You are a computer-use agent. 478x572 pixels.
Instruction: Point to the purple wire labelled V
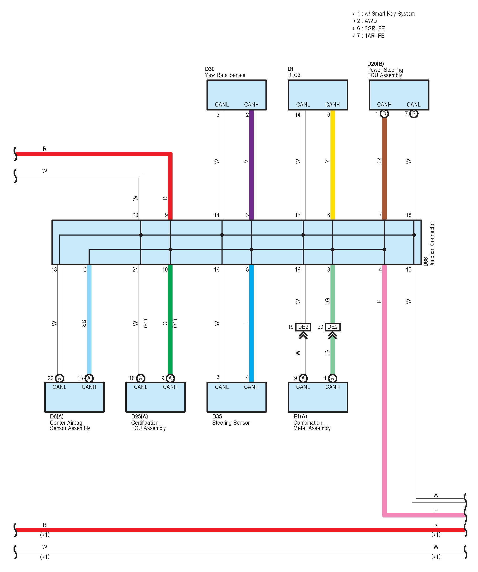point(252,163)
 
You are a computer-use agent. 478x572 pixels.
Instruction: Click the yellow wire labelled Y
point(333,163)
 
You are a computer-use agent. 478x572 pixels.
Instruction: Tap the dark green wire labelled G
point(170,321)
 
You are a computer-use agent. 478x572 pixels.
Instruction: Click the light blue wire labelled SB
point(89,321)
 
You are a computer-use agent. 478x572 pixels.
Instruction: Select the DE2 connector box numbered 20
point(332,327)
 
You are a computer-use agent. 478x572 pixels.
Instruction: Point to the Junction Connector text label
point(432,244)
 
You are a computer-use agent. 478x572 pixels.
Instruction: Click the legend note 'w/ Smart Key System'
point(389,14)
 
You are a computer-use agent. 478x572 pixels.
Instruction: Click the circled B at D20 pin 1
point(384,114)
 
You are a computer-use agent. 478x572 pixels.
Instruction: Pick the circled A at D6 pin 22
point(59,378)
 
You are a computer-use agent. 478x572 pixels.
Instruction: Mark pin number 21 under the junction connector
point(135,270)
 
